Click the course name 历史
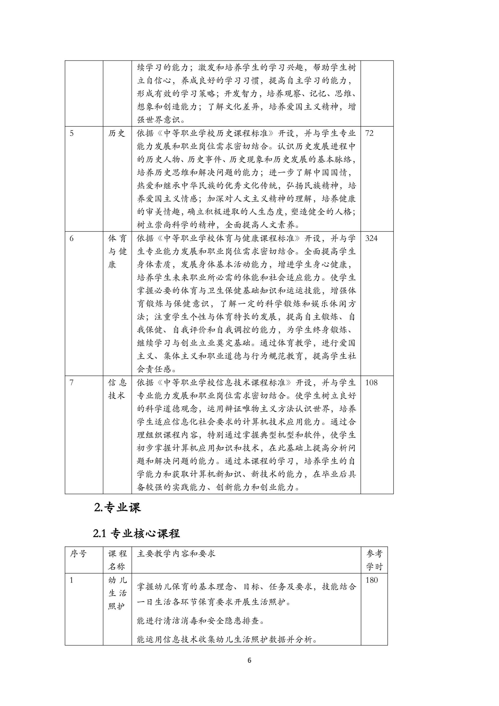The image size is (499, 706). point(117,133)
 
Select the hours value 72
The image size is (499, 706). point(369,133)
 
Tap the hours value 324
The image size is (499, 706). point(372,238)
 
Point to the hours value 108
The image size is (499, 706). point(372,382)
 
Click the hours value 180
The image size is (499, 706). point(372,580)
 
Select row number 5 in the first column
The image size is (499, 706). point(72,133)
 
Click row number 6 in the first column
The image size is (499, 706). point(72,239)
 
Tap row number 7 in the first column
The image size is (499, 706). point(72,383)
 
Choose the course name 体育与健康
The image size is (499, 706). point(117,252)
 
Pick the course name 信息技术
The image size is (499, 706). point(117,389)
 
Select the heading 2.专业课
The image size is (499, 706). point(117,508)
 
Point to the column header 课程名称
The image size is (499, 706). point(117,560)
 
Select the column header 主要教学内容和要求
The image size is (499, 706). point(176,554)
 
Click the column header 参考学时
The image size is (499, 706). point(374,560)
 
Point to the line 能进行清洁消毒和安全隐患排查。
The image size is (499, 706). point(201,621)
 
